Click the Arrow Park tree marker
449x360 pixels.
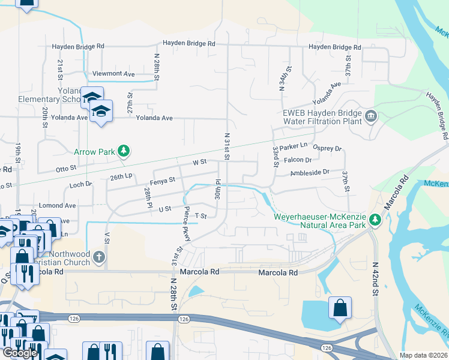pyautogui.click(x=124, y=151)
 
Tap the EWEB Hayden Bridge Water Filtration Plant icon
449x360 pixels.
pyautogui.click(x=370, y=115)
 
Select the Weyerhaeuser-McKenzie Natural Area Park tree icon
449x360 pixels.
pyautogui.click(x=375, y=220)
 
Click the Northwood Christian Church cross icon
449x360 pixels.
pyautogui.click(x=99, y=257)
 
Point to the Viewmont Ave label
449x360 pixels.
pyautogui.click(x=113, y=74)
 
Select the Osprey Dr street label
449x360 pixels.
pyautogui.click(x=327, y=148)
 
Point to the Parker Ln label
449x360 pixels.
pyautogui.click(x=294, y=146)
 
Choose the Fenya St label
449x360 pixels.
pyautogui.click(x=163, y=179)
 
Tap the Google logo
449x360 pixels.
pyautogui.click(x=20, y=353)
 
